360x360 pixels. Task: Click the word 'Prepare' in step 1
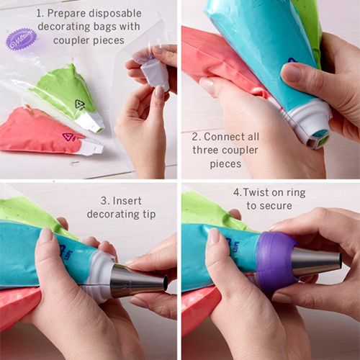[71, 13]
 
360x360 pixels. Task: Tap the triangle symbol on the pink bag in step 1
[69, 137]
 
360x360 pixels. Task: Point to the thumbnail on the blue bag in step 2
[293, 72]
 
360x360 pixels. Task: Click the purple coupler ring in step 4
[276, 260]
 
